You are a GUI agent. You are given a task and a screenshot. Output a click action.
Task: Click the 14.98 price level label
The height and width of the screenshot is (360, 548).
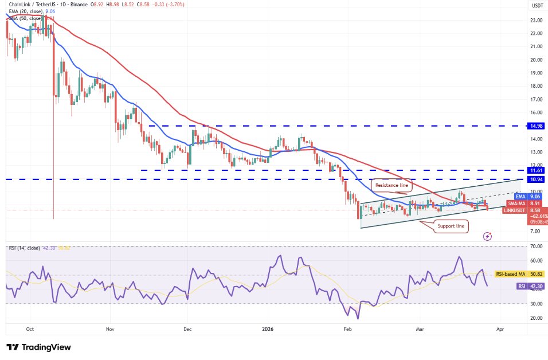[537, 126]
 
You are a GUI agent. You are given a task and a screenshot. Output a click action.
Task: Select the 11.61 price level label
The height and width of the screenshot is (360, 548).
[537, 170]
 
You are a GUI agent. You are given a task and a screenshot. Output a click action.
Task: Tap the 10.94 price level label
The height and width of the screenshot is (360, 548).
[537, 179]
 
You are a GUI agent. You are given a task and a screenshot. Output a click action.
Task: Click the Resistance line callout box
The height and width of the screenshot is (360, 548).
[392, 185]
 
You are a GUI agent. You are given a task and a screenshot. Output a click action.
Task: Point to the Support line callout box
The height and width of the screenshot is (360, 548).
[452, 226]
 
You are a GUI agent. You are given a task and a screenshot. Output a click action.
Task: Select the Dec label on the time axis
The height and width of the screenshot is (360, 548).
[187, 330]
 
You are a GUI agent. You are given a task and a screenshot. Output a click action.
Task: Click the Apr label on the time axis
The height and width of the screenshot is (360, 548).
[500, 330]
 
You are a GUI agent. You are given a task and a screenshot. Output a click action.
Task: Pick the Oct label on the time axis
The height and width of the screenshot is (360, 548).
[30, 330]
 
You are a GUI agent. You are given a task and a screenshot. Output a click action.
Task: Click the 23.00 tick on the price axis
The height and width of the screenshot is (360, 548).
[537, 20]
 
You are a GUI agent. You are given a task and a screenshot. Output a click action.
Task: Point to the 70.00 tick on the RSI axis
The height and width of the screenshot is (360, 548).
[537, 246]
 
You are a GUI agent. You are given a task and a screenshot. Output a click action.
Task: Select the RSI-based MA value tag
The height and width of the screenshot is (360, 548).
[520, 275]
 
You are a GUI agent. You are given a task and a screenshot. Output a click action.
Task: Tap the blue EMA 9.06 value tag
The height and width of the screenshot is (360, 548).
[520, 197]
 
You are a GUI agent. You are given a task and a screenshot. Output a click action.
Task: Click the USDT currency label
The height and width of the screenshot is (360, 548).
[537, 5]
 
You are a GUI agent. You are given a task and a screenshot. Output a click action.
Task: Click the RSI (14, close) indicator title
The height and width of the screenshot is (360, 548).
[24, 248]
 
